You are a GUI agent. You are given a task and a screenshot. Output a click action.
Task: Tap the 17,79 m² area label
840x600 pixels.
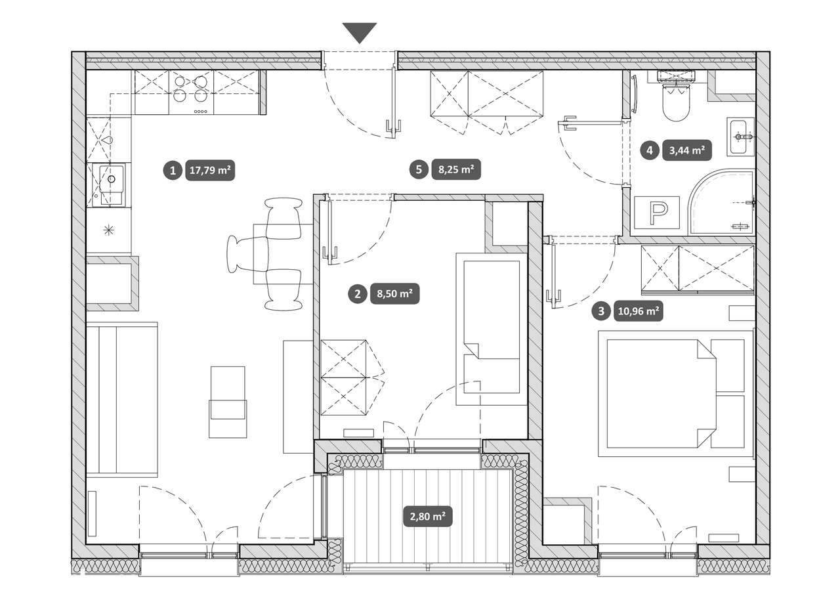tap(210, 171)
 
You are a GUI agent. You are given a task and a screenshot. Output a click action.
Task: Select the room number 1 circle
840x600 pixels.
tap(173, 171)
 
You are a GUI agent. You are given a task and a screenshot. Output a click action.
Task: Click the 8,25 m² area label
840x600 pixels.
tap(456, 169)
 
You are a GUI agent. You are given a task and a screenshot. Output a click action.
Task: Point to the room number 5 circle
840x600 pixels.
tap(419, 169)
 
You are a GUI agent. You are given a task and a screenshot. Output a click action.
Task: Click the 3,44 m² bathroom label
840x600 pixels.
tap(687, 150)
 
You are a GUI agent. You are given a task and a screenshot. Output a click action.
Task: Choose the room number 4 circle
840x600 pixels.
tap(650, 150)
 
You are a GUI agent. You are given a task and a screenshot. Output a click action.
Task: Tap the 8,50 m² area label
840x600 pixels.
tap(395, 293)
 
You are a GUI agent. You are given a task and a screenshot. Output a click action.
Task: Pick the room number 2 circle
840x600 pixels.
tap(358, 293)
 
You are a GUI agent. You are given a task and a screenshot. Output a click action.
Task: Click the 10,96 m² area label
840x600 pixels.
tap(639, 311)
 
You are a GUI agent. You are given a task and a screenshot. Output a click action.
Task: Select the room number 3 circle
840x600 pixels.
tap(601, 311)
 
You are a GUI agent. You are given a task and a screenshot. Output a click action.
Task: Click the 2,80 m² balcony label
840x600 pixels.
tap(427, 517)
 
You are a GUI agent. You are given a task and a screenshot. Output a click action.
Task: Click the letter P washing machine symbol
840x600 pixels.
tap(657, 213)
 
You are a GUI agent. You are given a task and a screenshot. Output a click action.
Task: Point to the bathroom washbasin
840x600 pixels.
tap(741, 137)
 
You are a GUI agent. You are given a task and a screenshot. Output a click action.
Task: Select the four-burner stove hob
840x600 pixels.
tap(191, 93)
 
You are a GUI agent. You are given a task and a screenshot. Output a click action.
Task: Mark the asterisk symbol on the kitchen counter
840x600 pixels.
tap(108, 230)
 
